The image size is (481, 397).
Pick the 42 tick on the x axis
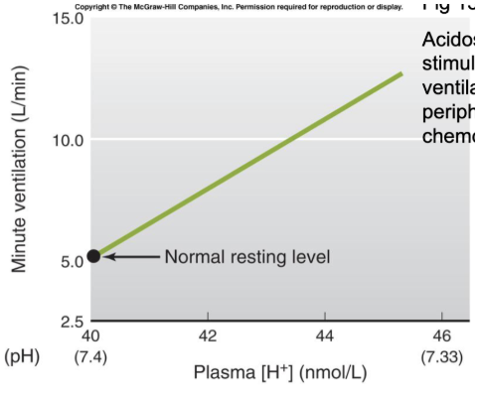(208, 336)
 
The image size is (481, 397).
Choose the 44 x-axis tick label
(325, 336)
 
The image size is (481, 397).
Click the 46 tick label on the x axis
(442, 336)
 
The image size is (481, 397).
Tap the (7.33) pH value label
(442, 355)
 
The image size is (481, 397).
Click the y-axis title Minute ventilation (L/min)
(20, 169)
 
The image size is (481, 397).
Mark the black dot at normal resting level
(92, 256)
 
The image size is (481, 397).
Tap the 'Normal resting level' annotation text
(245, 257)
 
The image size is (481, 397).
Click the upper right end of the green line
(401, 73)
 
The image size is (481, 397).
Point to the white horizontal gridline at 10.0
(248, 139)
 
